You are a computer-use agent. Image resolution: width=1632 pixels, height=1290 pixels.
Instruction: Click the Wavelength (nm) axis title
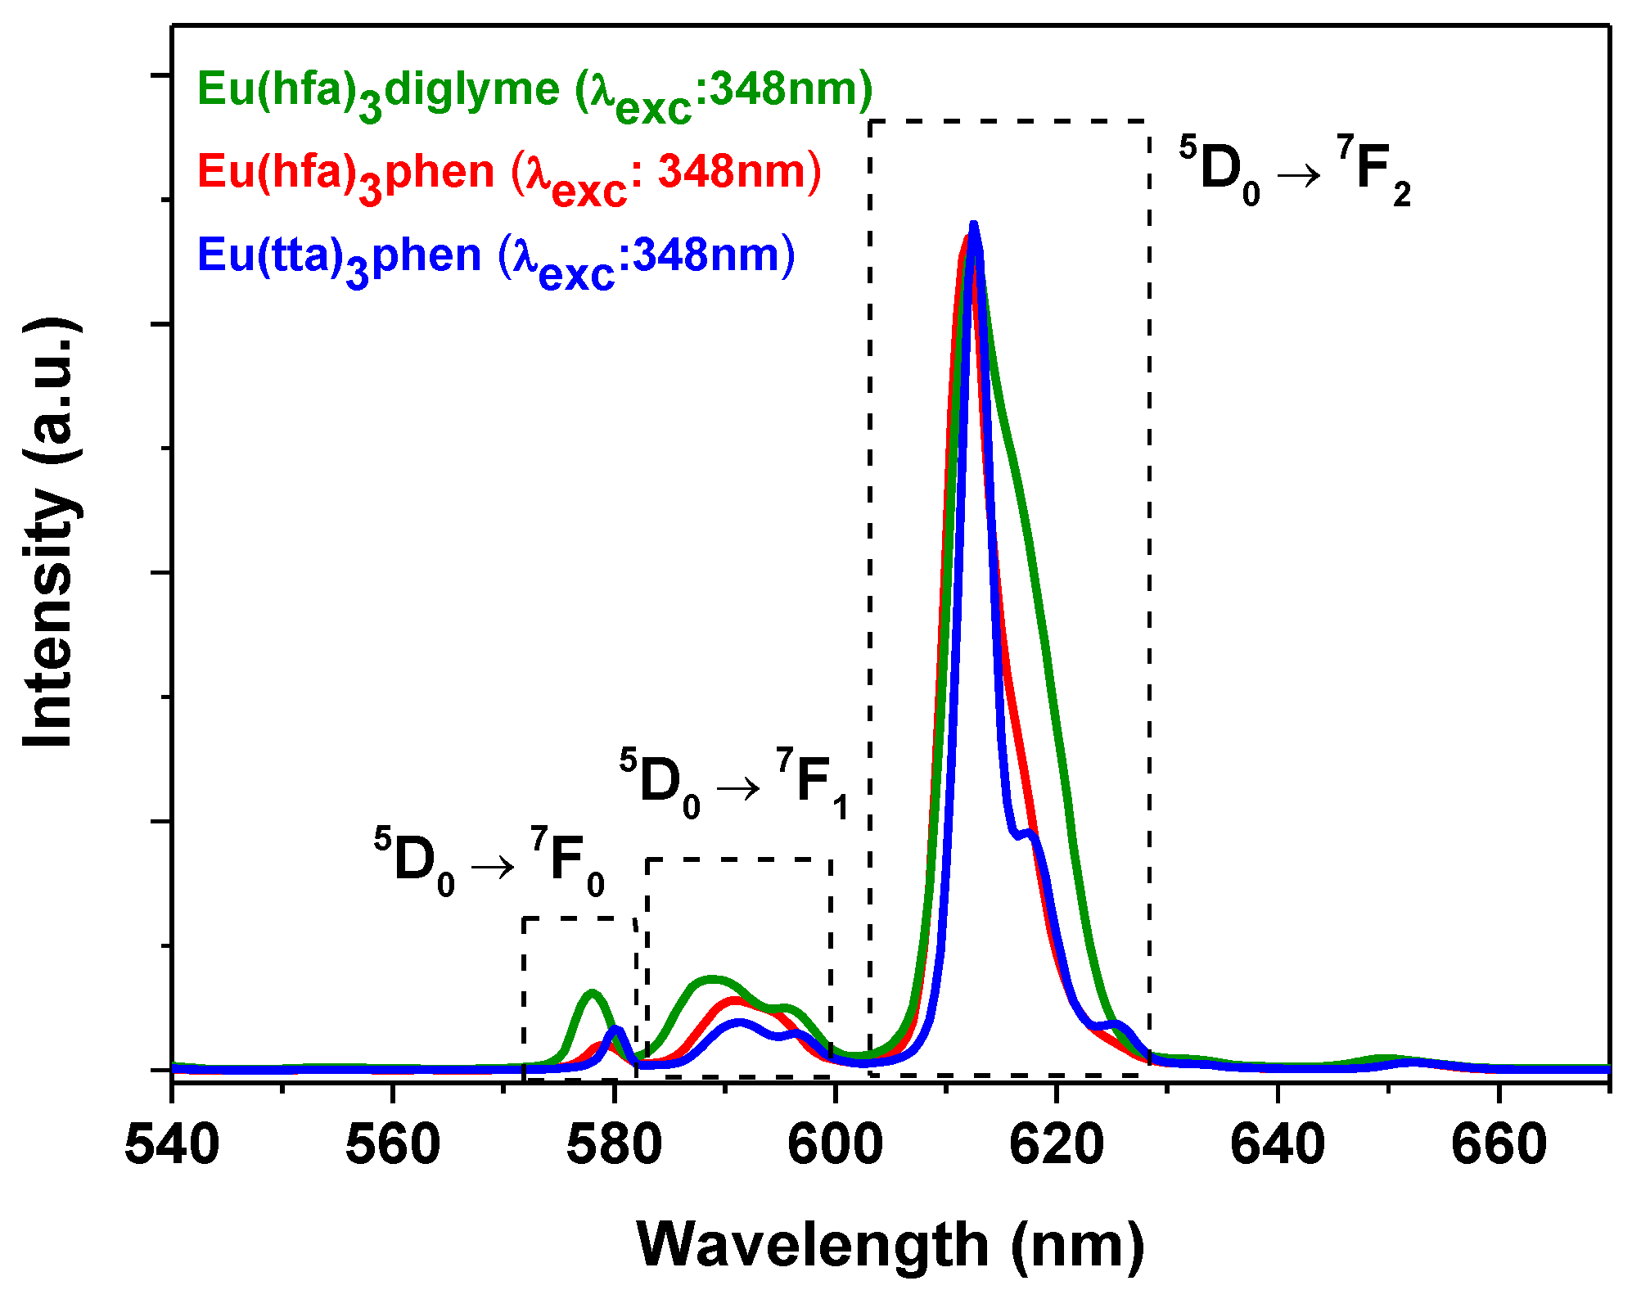coord(890,1246)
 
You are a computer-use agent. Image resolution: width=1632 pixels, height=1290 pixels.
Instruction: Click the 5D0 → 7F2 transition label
coord(1295,172)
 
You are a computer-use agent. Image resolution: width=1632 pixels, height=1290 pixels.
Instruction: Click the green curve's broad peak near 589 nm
coord(711,979)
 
